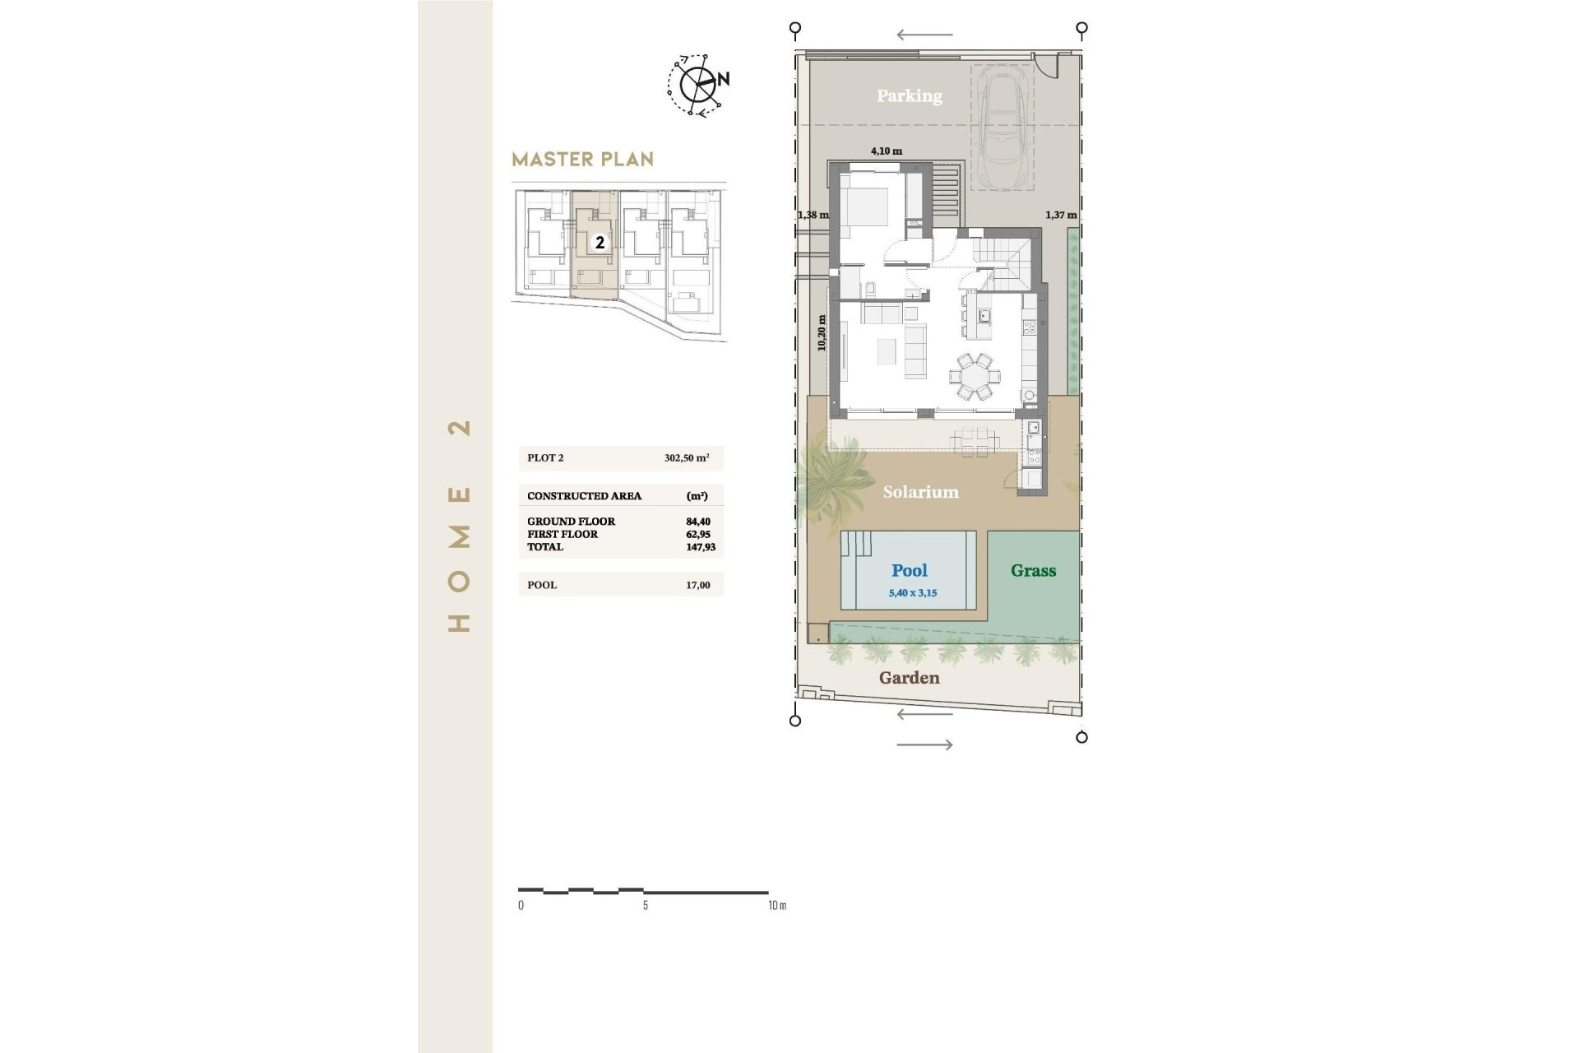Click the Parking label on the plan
[909, 96]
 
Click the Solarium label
[920, 492]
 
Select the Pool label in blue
[909, 570]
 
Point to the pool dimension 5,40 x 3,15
[912, 593]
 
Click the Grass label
[1033, 570]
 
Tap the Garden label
[909, 678]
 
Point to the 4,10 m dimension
[886, 151]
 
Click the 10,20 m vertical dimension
[822, 333]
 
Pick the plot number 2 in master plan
[600, 243]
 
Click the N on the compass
[724, 80]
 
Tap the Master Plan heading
[582, 159]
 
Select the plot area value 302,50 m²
[686, 458]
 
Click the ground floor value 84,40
[697, 522]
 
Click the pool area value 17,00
[697, 585]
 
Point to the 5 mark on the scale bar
[646, 905]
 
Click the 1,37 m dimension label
[1060, 215]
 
